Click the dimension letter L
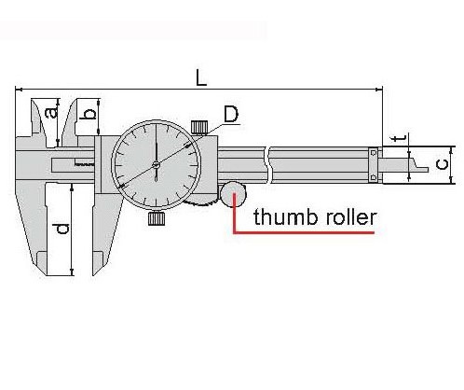click(x=201, y=77)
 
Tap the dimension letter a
click(x=52, y=112)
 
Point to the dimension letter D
click(x=231, y=115)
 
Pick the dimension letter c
click(x=442, y=164)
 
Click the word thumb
click(x=285, y=217)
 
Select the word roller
click(x=351, y=217)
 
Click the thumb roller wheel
click(x=233, y=195)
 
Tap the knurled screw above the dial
click(x=199, y=127)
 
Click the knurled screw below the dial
click(x=157, y=218)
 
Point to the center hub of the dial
click(x=156, y=164)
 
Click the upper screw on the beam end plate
click(x=374, y=153)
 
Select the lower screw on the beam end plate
click(x=374, y=177)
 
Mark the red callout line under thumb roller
click(x=304, y=232)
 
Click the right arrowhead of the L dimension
click(x=379, y=90)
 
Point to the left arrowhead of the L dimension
click(x=19, y=90)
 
